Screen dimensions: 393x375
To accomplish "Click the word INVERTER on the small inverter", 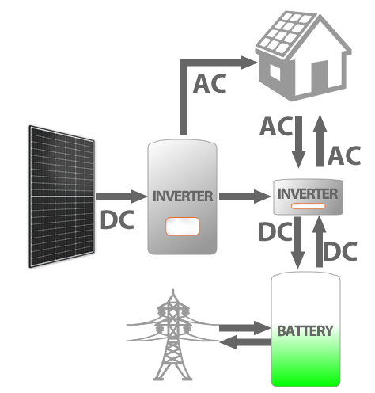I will pyautogui.click(x=308, y=193).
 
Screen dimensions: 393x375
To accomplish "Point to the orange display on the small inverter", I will pyautogui.click(x=308, y=208).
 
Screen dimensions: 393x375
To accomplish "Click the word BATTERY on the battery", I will pyautogui.click(x=305, y=330).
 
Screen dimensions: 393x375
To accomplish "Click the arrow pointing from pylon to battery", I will pyautogui.click(x=241, y=326).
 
